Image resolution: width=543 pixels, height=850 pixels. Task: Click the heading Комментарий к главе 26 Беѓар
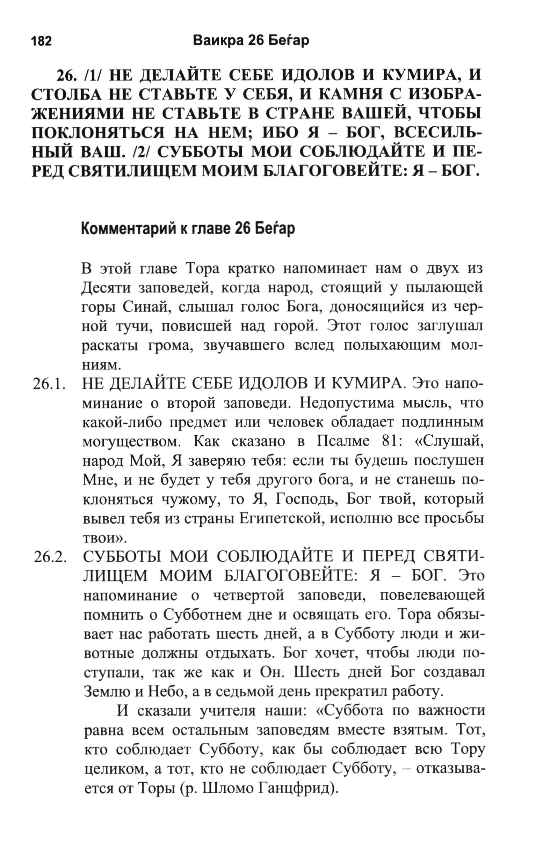188,229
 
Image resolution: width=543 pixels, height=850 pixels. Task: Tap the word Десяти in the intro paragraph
105,289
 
